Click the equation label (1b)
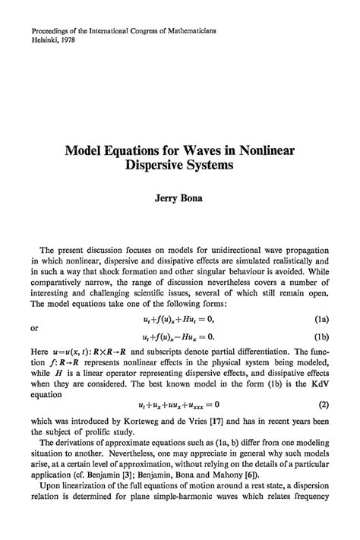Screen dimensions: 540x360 321,314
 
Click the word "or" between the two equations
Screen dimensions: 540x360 35,308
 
